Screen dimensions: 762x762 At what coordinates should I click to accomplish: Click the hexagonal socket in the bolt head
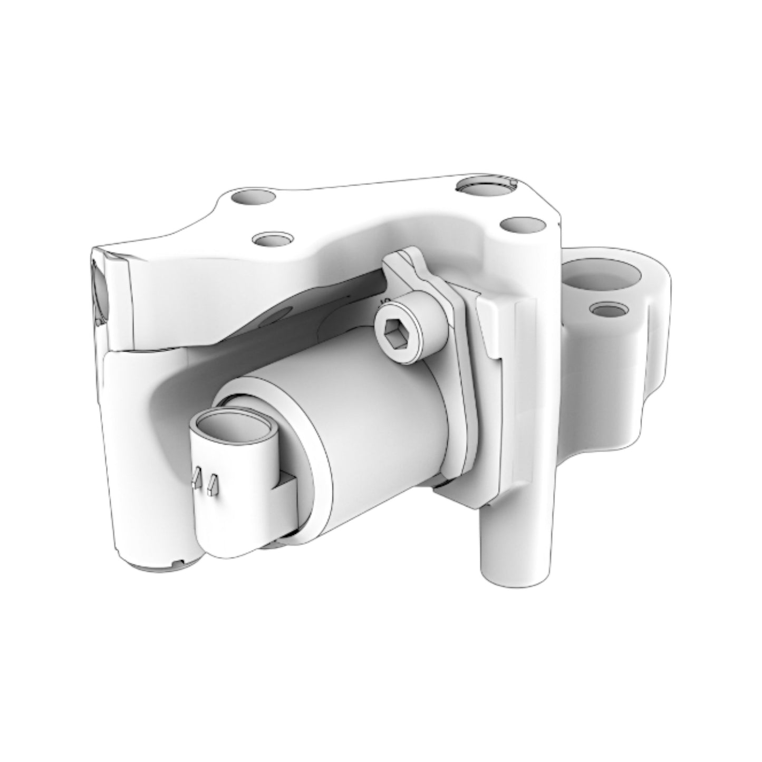click(394, 333)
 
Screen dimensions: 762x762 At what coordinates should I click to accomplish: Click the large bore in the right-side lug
click(604, 277)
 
